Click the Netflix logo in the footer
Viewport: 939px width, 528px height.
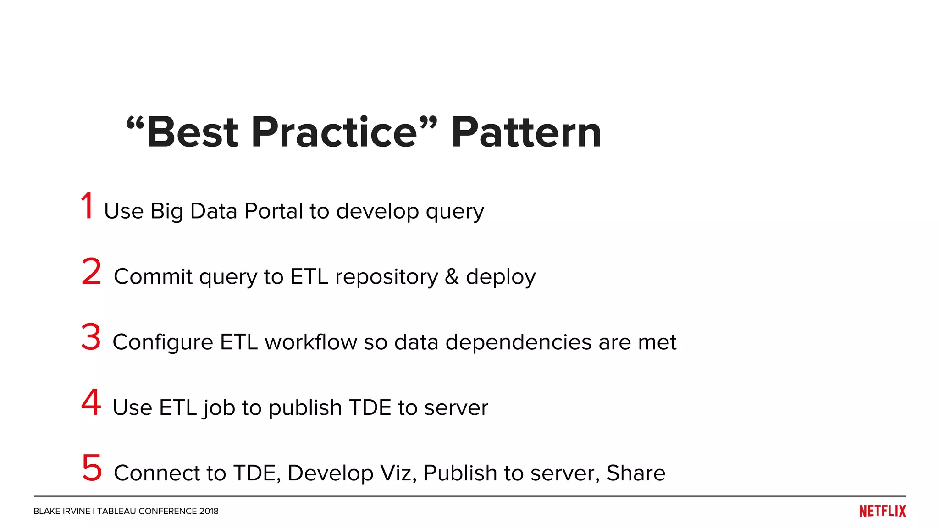[x=882, y=511]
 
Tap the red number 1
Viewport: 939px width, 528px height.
[x=87, y=206]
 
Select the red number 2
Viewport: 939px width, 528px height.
[x=91, y=271]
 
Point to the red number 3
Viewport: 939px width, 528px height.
[x=91, y=337]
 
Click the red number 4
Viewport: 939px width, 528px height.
[x=91, y=402]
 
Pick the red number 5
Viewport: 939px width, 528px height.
[x=92, y=467]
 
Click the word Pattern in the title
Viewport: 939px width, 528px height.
[x=526, y=132]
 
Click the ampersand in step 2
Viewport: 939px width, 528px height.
[x=452, y=276]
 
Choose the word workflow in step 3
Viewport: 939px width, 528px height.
[x=310, y=342]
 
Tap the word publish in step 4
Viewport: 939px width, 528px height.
[x=305, y=408]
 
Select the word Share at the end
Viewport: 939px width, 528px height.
[x=635, y=473]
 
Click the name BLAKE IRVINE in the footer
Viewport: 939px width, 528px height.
[x=61, y=511]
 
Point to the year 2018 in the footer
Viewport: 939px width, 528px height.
[x=209, y=511]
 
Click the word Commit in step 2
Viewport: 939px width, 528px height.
[x=153, y=276]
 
